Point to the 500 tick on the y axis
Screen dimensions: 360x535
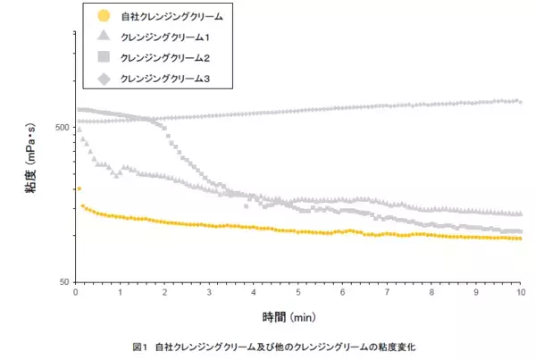pyautogui.click(x=63, y=127)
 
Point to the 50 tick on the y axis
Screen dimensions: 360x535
pyautogui.click(x=65, y=281)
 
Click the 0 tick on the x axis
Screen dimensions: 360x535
pyautogui.click(x=76, y=292)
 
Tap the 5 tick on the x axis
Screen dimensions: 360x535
pyautogui.click(x=298, y=292)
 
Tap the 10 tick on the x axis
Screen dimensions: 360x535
pyautogui.click(x=520, y=292)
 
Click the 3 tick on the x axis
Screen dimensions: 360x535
pyautogui.click(x=209, y=292)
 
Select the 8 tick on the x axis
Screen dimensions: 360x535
pyautogui.click(x=431, y=292)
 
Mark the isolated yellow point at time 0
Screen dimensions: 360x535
pyautogui.click(x=79, y=188)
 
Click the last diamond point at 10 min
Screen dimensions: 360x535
pyautogui.click(x=520, y=101)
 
